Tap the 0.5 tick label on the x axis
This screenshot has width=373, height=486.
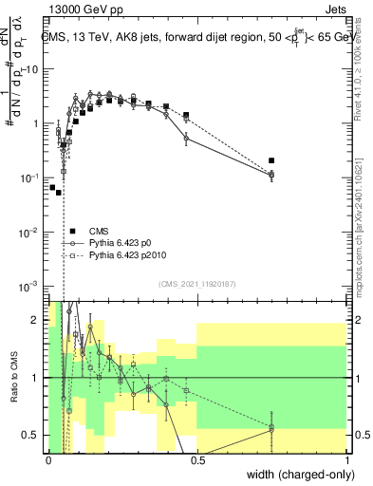point(197,460)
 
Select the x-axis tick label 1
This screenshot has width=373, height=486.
point(347,460)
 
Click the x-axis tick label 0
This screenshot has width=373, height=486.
point(48,460)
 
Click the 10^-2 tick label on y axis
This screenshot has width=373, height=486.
point(31,232)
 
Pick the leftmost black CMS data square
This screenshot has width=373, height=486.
point(53,187)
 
